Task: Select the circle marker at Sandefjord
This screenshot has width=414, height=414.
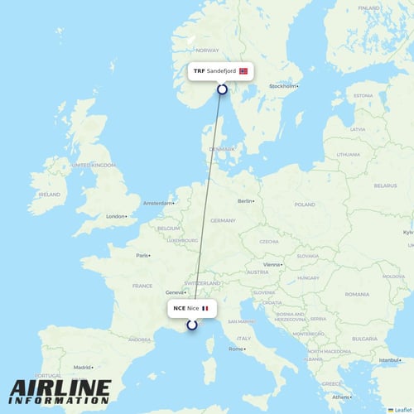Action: point(222,89)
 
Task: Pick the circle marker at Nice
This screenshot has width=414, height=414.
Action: point(192,325)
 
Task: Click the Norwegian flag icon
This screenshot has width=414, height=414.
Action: point(243,71)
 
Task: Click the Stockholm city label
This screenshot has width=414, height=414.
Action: point(282,86)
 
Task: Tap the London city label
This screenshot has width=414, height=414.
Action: point(116,217)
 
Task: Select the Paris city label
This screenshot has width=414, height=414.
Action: point(143,256)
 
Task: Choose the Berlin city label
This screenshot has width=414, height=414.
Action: point(245,201)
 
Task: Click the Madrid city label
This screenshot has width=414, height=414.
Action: point(82,367)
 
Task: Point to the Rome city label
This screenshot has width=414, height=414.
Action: point(237,349)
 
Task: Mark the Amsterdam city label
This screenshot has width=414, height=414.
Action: point(157,203)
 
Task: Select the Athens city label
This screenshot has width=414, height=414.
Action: point(338,397)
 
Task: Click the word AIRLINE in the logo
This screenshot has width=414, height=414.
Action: point(60,388)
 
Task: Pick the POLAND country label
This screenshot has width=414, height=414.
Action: point(305,205)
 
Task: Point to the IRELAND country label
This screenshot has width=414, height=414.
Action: point(50,195)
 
